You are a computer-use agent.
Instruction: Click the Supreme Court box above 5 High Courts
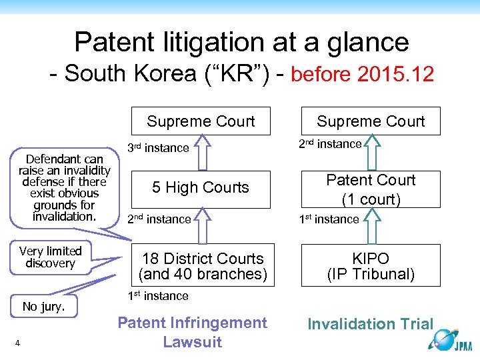click(201, 121)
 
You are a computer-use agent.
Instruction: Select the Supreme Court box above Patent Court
click(371, 121)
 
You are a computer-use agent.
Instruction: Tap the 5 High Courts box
click(201, 187)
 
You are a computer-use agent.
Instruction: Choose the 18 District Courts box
click(202, 266)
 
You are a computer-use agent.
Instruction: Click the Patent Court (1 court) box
click(371, 189)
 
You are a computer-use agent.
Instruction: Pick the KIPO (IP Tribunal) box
click(371, 266)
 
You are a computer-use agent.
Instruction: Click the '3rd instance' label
click(158, 148)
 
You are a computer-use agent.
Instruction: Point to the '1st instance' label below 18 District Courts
click(157, 295)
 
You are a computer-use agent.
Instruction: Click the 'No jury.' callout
click(43, 307)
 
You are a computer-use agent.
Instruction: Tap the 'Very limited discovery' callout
click(50, 257)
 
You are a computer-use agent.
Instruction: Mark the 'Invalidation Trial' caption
click(370, 324)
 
